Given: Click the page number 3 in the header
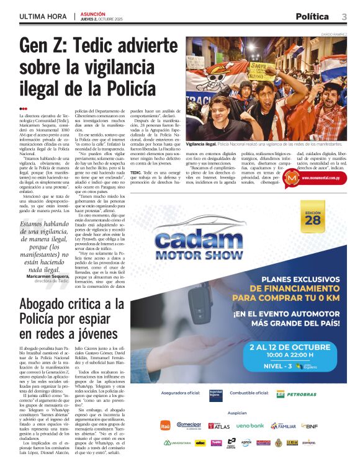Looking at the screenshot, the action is click(x=343, y=17).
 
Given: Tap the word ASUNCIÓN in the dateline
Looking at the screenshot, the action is click(x=94, y=14).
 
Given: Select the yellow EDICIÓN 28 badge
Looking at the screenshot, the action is click(x=313, y=217).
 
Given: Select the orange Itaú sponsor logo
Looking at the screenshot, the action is click(x=165, y=426).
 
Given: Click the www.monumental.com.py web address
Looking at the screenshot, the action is click(x=322, y=178).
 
